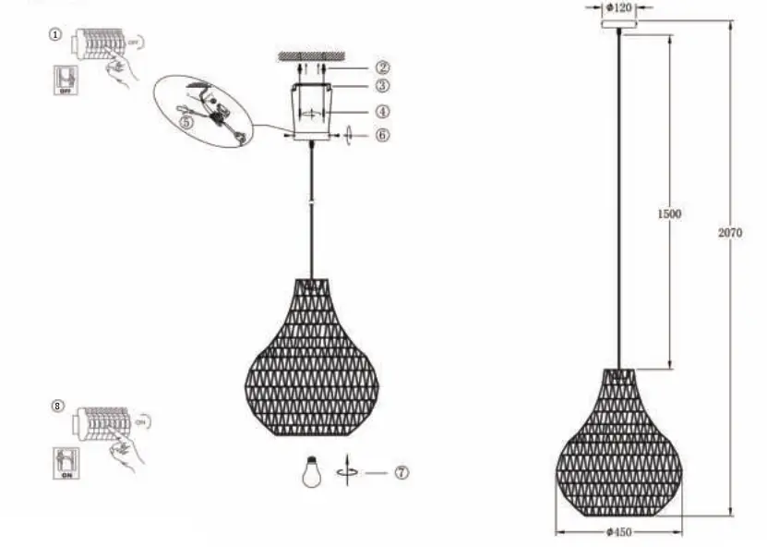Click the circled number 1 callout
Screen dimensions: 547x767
pos(55,34)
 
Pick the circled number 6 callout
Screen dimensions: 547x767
pos(382,135)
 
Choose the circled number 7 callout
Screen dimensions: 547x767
pos(401,472)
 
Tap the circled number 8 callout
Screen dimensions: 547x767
pos(59,406)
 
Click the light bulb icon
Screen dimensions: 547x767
pos(312,472)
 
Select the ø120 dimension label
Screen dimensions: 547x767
pos(618,8)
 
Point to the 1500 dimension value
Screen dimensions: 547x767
pos(668,213)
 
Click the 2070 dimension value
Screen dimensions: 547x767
pos(729,233)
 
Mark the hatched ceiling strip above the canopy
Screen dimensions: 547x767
pos(312,56)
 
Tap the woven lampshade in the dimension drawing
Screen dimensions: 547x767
pos(618,446)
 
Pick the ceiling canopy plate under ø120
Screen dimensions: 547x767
pos(618,24)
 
